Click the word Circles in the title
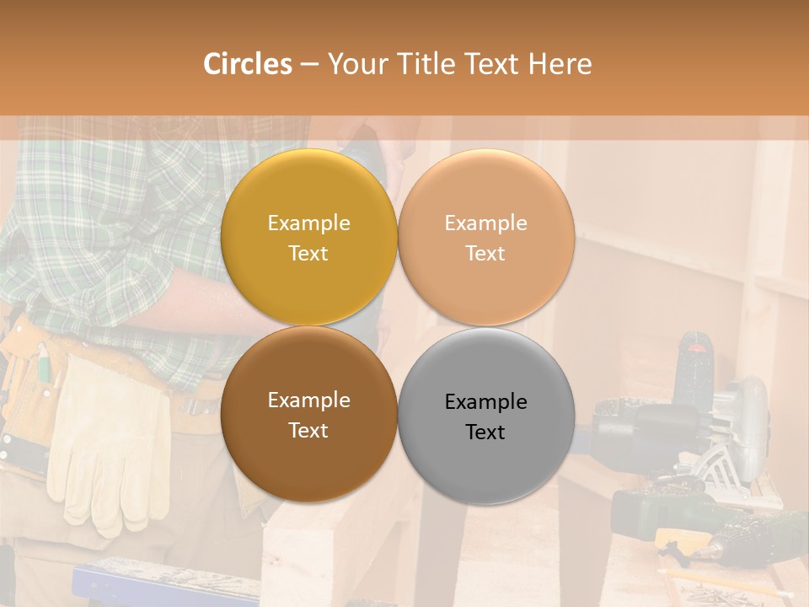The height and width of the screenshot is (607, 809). pos(247,64)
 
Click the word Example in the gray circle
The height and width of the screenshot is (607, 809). pos(485,402)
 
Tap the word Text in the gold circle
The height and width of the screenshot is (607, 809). pos(308,254)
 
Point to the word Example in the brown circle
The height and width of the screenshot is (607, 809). pos(308,400)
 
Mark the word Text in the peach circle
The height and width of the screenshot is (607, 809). pos(485,254)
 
